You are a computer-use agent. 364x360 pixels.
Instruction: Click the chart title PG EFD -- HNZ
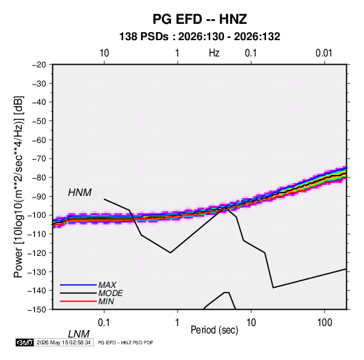[x=199, y=19]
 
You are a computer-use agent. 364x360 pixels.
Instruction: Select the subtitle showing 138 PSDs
[x=199, y=37]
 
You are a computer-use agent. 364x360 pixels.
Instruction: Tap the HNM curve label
[x=80, y=193]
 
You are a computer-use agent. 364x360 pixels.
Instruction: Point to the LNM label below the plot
[x=79, y=334]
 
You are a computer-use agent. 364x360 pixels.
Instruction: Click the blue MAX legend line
[x=78, y=285]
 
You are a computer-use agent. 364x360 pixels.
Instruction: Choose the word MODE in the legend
[x=110, y=293]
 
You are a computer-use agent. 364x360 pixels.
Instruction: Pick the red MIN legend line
[x=78, y=301]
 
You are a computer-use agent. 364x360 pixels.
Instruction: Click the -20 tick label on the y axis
[x=39, y=65]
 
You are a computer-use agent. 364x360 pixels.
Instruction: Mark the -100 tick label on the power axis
[x=37, y=215]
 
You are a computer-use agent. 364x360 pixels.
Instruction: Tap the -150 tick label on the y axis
[x=37, y=310]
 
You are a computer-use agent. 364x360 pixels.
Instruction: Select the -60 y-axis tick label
[x=39, y=140]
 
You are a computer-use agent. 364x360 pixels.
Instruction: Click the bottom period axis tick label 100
[x=325, y=323]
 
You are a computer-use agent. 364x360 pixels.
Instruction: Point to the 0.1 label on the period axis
[x=104, y=323]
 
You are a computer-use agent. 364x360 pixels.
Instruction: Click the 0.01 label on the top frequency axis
[x=324, y=53]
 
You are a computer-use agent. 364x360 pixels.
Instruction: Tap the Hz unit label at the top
[x=214, y=53]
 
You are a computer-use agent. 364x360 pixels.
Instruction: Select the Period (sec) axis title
[x=214, y=330]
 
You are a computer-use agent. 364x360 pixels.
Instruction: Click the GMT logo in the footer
[x=25, y=342]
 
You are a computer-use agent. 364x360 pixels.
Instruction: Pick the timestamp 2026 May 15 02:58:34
[x=63, y=342]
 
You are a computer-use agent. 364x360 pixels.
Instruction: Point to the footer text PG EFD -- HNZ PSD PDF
[x=126, y=342]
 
